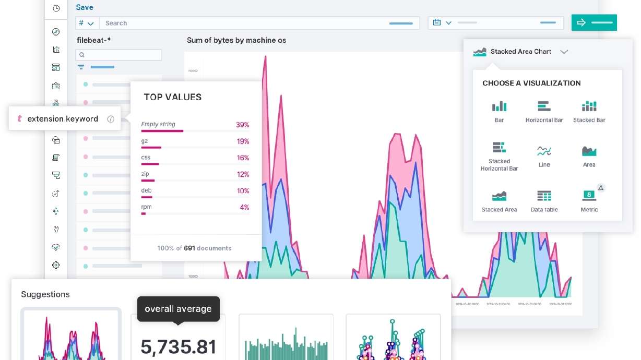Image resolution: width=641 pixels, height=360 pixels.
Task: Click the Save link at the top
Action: tap(85, 7)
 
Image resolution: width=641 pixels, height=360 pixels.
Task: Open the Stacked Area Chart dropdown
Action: tap(564, 52)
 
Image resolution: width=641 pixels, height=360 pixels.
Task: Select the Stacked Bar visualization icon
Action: tap(589, 106)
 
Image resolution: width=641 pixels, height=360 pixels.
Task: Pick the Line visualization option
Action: tap(544, 151)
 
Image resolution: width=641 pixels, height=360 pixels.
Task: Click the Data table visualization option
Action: tap(544, 196)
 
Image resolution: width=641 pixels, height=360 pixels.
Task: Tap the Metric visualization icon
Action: tap(589, 196)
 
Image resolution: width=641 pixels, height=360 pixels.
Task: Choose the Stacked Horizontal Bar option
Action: tap(499, 148)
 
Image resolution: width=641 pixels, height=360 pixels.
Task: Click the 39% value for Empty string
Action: tap(242, 125)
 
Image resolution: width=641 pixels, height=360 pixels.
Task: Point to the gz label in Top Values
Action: tap(145, 141)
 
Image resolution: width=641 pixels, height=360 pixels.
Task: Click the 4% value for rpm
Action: tap(244, 207)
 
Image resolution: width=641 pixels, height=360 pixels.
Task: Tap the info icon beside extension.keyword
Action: tap(111, 119)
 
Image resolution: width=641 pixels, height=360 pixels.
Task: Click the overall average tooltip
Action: tap(178, 309)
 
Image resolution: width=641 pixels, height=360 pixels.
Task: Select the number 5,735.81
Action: tap(178, 347)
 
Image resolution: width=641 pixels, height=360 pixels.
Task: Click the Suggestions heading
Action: tap(45, 294)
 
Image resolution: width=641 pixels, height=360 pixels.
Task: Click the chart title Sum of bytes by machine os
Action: tap(236, 40)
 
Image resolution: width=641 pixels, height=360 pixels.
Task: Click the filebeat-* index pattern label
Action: tap(93, 40)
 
